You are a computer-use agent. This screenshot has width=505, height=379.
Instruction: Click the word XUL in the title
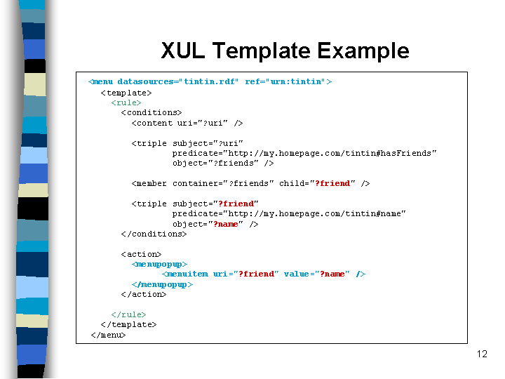182,51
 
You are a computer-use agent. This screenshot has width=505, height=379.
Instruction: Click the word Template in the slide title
261,51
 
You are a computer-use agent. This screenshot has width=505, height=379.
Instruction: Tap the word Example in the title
363,51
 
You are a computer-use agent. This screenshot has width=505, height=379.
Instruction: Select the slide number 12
482,354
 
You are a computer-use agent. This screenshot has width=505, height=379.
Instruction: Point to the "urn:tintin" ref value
296,81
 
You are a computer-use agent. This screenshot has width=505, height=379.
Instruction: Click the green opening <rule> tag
126,102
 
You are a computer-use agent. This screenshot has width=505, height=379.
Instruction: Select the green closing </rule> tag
128,314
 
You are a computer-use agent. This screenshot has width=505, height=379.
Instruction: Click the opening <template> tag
126,93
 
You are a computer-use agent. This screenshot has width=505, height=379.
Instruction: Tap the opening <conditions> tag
151,113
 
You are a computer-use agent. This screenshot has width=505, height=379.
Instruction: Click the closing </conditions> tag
154,234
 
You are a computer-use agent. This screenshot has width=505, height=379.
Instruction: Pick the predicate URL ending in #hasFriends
330,154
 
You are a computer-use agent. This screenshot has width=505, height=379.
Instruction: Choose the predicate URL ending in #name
314,213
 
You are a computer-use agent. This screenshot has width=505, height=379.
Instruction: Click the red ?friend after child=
332,183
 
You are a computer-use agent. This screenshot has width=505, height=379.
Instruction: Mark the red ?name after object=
225,224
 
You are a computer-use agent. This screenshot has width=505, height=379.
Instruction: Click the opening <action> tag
141,254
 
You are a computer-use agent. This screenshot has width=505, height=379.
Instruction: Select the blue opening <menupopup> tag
159,265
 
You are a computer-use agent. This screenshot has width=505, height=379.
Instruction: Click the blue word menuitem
188,274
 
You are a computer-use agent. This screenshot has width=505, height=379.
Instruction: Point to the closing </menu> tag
108,335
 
